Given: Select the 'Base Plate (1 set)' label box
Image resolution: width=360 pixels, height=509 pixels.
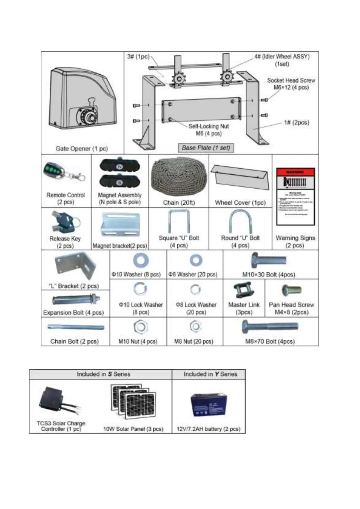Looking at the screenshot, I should tap(206, 148).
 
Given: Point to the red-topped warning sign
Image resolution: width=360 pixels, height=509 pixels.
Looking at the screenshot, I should tap(295, 196).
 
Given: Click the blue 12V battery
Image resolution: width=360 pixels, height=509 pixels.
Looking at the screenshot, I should tap(209, 405).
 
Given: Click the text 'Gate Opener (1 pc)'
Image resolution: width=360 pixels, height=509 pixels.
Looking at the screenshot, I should tap(81, 149).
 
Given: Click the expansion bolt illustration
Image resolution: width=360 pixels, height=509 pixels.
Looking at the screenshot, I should tap(76, 300).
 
